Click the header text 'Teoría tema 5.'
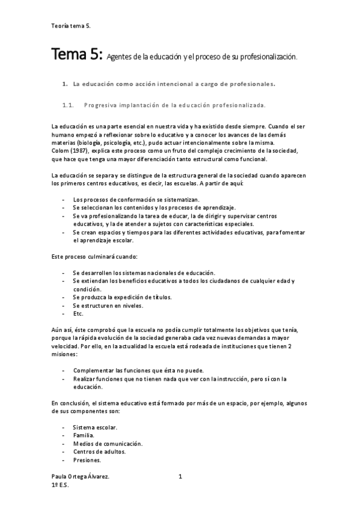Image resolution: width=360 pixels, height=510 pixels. (72, 26)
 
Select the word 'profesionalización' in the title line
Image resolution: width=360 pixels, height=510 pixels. (269, 57)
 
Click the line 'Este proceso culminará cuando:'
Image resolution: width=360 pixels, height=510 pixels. (94, 256)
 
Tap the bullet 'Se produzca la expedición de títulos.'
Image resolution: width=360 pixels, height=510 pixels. (122, 296)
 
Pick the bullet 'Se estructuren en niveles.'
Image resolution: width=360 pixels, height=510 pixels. (108, 305)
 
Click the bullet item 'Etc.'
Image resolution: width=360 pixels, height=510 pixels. (78, 313)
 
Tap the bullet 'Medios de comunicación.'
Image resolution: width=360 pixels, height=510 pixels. (108, 443)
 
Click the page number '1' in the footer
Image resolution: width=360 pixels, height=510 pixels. (180, 476)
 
